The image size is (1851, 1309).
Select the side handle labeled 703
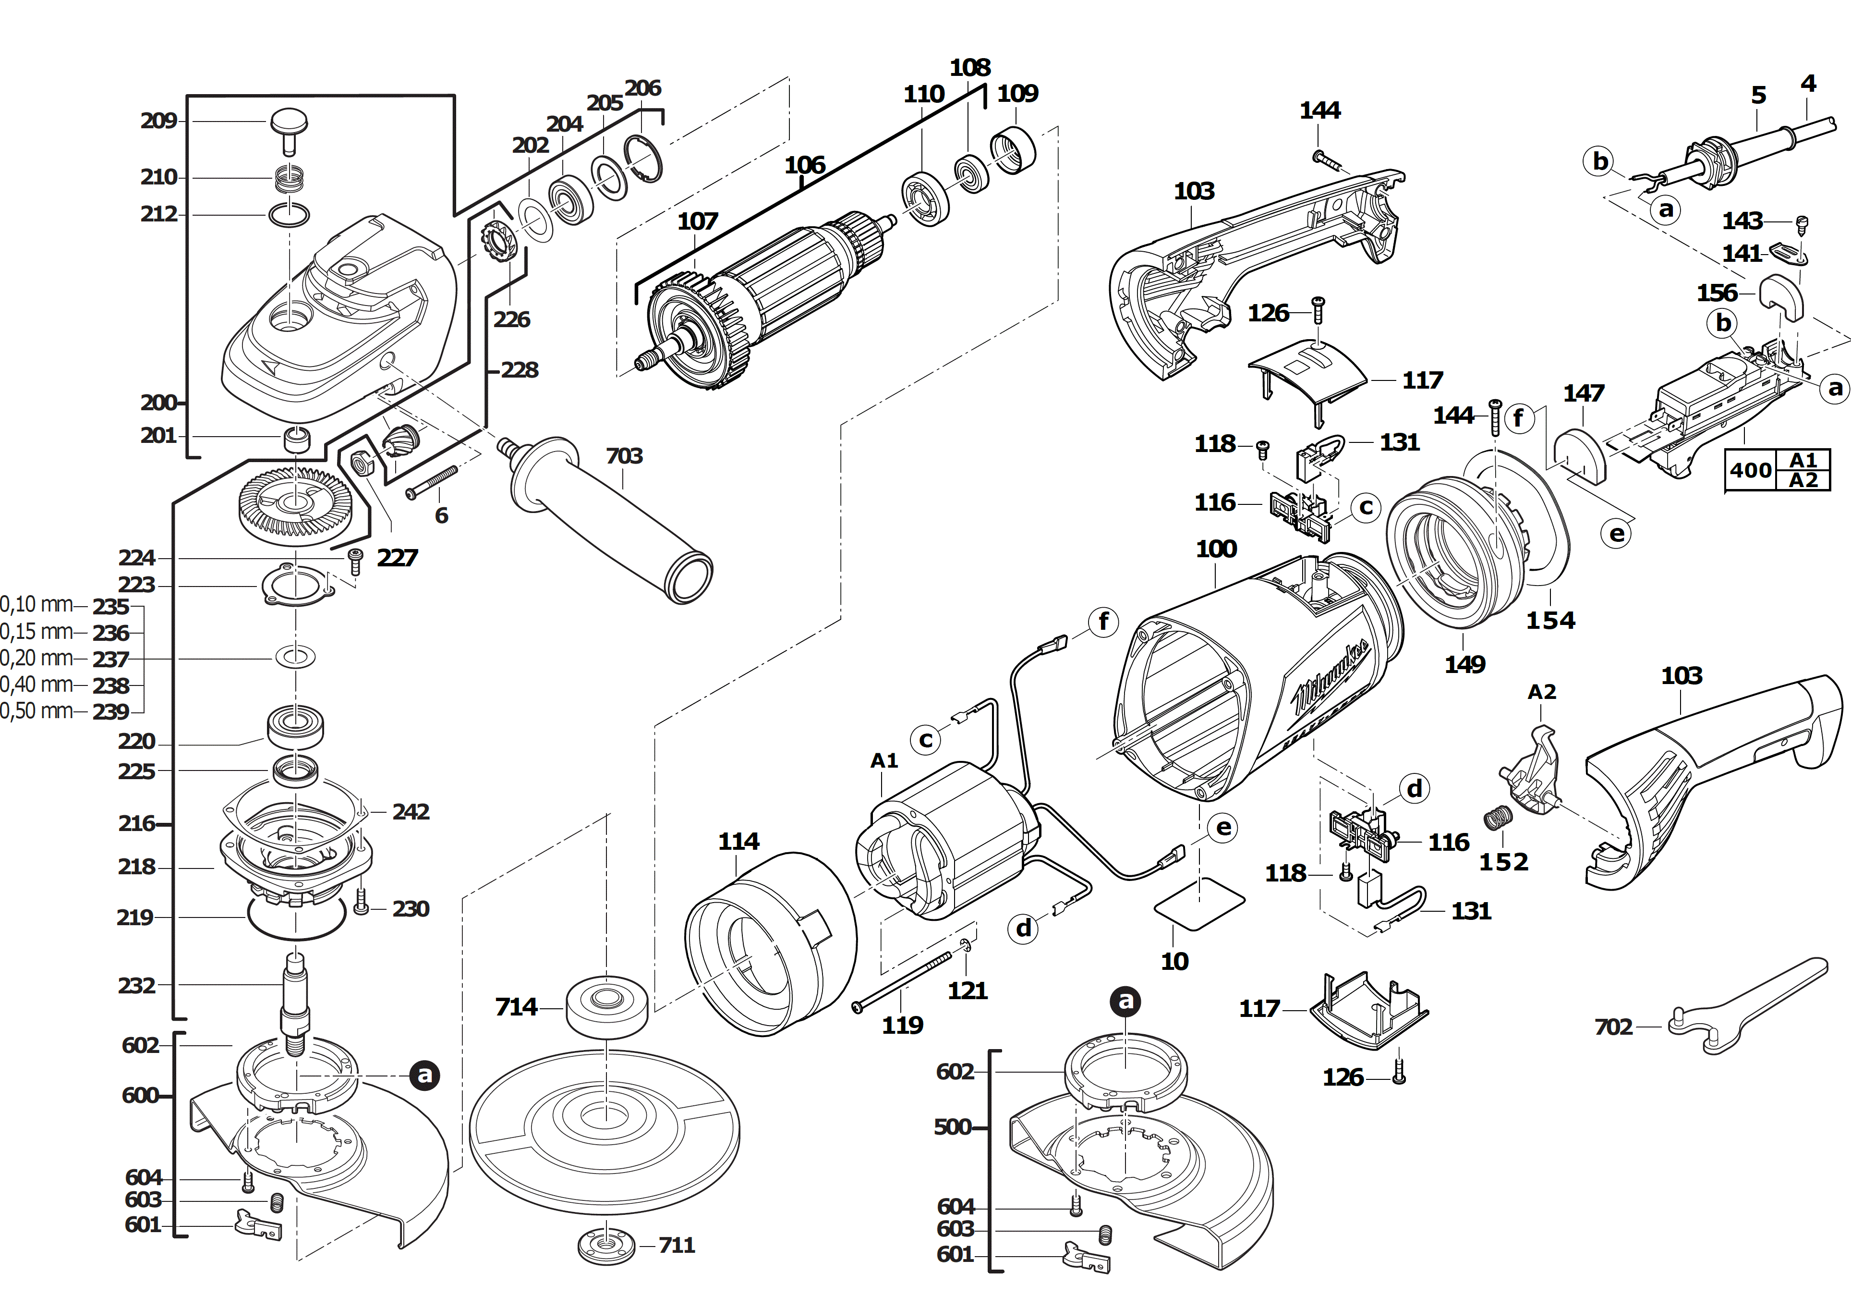point(613,524)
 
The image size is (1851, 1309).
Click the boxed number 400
point(1750,470)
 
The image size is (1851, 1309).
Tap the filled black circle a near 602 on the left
point(424,1075)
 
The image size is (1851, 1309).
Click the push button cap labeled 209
point(288,125)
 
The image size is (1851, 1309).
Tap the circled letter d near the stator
point(1023,929)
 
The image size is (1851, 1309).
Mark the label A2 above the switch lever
point(1541,692)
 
